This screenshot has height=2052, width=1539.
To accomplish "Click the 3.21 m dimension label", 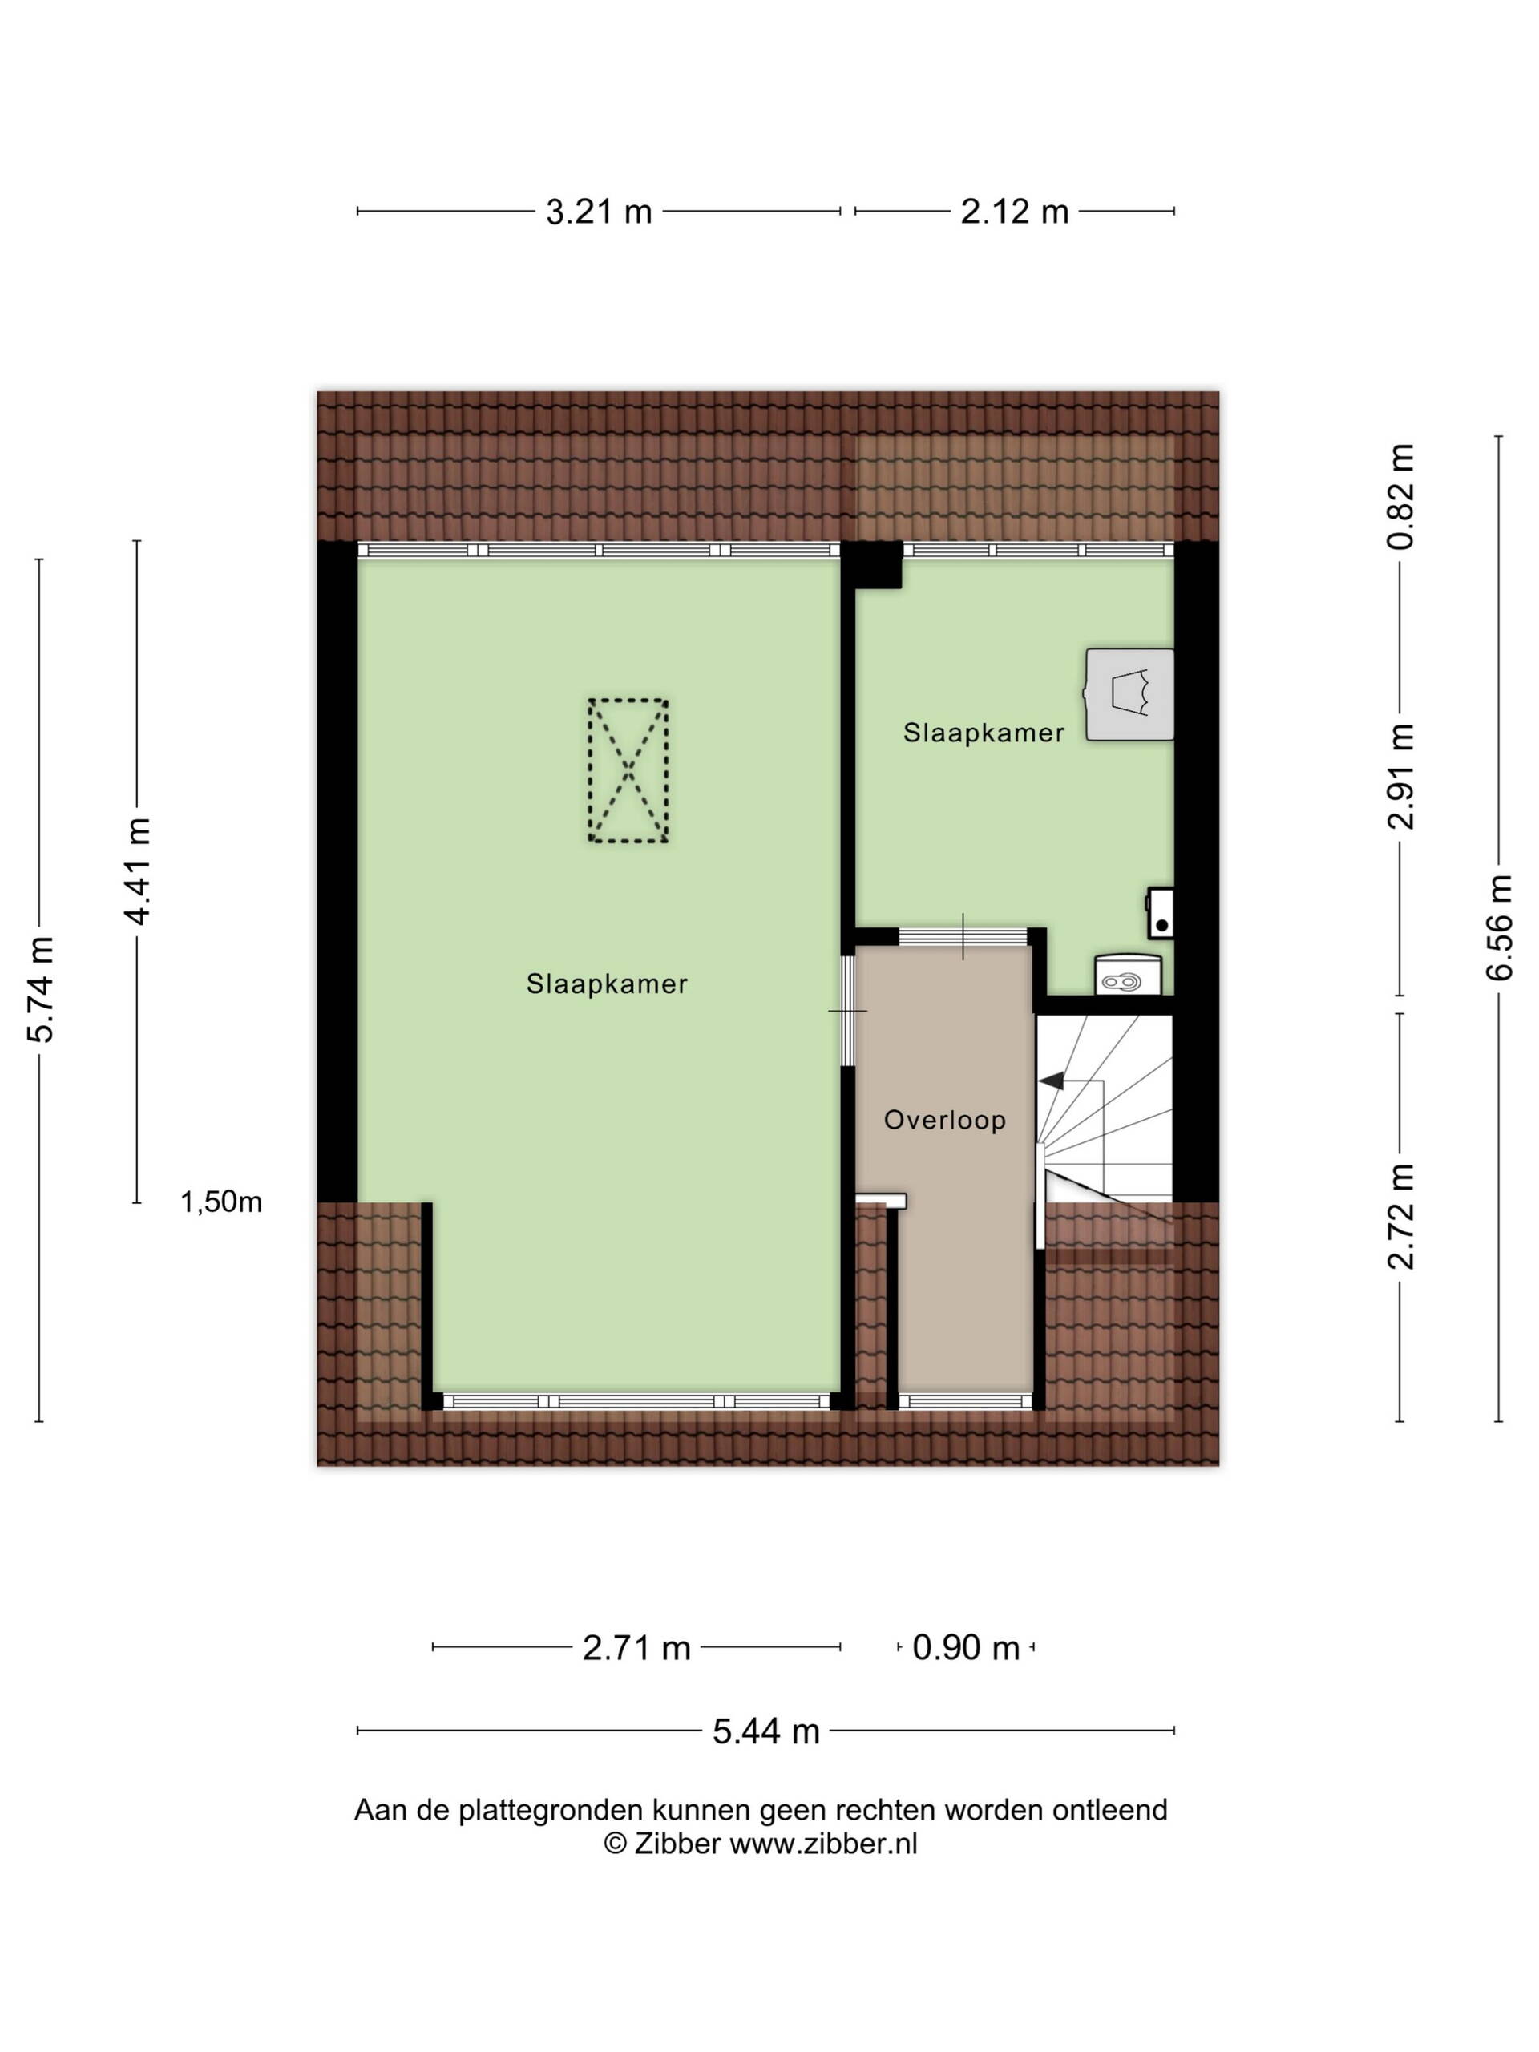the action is [598, 212].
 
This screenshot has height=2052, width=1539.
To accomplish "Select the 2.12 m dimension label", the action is [1014, 212].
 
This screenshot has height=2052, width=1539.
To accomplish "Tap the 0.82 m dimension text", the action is [1401, 496].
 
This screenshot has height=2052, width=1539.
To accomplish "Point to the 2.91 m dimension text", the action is [1401, 776].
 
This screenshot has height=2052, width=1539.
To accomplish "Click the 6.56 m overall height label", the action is [1499, 927].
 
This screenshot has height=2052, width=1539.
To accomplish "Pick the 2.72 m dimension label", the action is [1401, 1215].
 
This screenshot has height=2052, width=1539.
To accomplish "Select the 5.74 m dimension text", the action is [40, 990].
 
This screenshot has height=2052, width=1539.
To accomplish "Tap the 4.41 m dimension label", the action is [137, 871].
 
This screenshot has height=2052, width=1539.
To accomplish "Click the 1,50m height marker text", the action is [220, 1202].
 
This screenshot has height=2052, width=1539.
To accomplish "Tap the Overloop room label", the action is [944, 1121].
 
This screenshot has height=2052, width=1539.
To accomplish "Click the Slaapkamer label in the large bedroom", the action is [607, 984].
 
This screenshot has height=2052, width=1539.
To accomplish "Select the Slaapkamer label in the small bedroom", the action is [984, 733].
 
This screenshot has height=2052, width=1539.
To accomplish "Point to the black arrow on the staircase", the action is [1051, 1081].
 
